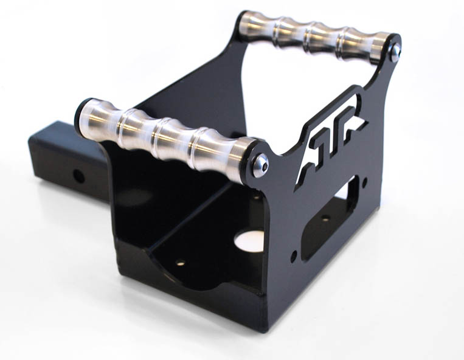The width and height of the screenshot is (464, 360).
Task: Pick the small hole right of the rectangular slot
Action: coord(364,181)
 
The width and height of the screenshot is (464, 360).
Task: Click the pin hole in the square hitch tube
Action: coord(78,176)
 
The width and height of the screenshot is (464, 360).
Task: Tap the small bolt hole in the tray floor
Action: coord(181,263)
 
